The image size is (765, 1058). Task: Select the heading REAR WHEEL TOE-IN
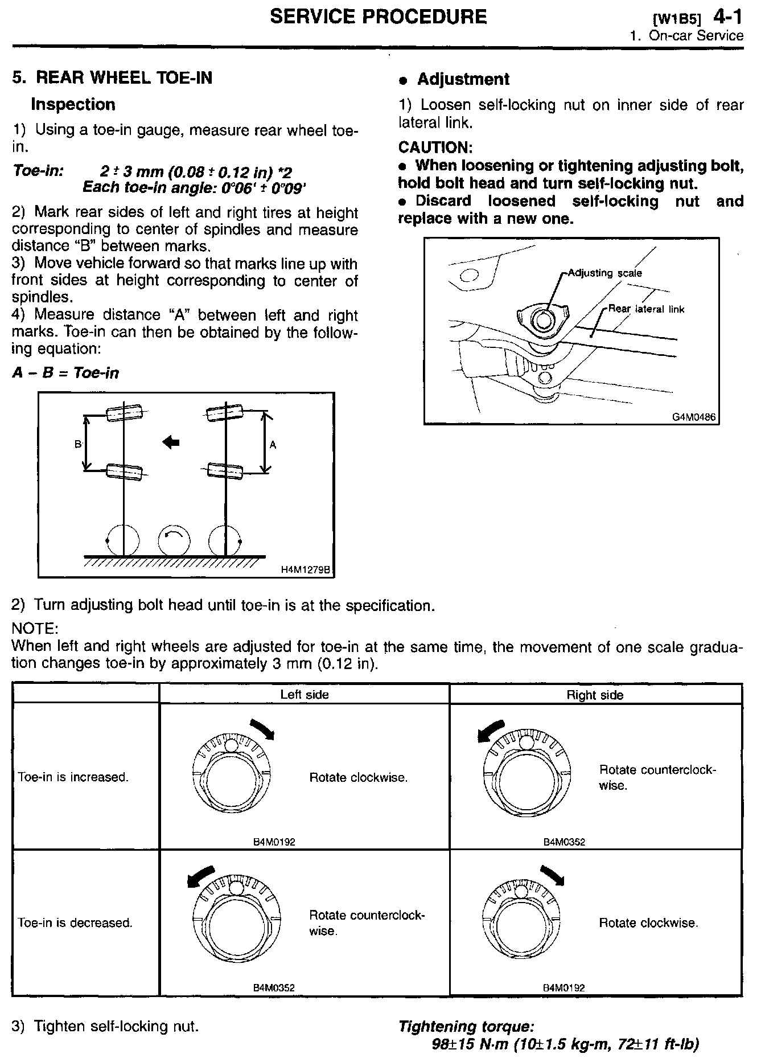coord(124,78)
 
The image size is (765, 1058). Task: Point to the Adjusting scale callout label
coord(605,273)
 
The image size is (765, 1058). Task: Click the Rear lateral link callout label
coord(646,309)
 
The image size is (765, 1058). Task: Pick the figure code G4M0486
coord(693,417)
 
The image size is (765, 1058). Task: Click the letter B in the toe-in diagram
coord(78,444)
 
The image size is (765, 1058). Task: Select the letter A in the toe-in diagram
coord(273,445)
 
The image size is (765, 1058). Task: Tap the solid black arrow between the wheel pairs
coord(171,441)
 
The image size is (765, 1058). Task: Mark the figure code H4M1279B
coord(306,569)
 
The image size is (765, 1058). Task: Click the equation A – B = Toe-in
coord(65,373)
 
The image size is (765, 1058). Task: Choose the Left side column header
coord(305,694)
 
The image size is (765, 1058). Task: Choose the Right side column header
coord(595,695)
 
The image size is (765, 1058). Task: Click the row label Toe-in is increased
coord(73,777)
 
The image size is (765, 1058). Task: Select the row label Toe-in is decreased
coord(75,922)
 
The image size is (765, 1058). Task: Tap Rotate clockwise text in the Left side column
coord(359,777)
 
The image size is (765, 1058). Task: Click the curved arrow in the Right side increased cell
coord(491,731)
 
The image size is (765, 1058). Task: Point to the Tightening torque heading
coord(466,1027)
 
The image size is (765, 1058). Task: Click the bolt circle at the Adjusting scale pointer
coord(543,319)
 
